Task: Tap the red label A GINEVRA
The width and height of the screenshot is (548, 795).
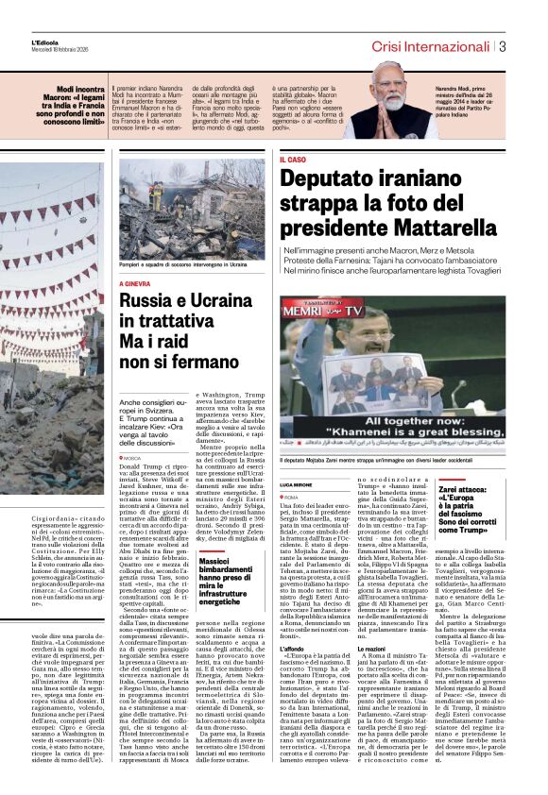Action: coord(136,283)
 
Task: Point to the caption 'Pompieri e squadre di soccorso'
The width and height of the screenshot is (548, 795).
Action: coord(179,264)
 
